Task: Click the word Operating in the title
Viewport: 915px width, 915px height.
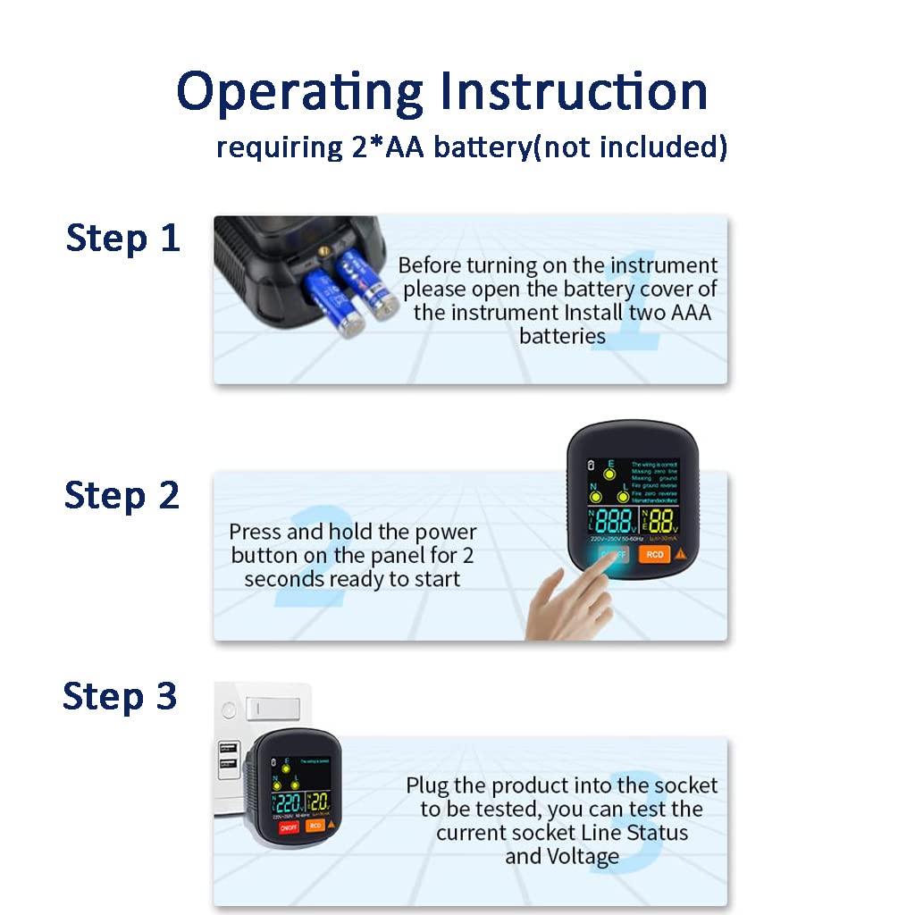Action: tap(299, 92)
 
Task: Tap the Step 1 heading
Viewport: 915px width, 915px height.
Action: tap(123, 239)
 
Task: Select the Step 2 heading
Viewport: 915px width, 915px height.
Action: tap(122, 495)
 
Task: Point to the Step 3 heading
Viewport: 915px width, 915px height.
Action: tap(121, 696)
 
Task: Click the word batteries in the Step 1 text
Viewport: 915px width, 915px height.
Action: tap(562, 336)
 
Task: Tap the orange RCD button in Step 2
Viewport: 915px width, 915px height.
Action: tap(655, 554)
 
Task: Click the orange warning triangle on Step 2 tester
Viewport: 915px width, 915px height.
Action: tap(681, 554)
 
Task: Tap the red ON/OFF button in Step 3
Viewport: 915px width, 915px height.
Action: tap(288, 827)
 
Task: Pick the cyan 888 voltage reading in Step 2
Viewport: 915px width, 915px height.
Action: tap(614, 522)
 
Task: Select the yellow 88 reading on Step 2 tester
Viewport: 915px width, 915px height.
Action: tap(662, 522)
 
